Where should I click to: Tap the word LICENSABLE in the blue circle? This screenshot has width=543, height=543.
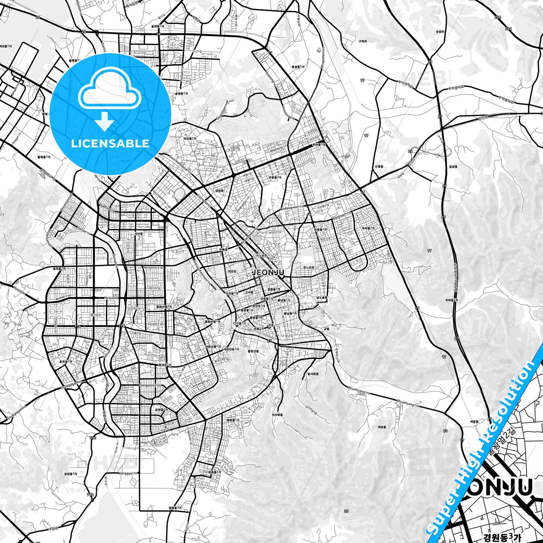[x=110, y=144]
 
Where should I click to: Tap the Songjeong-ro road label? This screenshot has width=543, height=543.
[x=150, y=385]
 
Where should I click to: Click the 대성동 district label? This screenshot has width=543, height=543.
[x=382, y=427]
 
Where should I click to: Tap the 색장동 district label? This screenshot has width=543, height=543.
[x=475, y=422]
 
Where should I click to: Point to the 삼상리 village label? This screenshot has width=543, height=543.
[x=440, y=32]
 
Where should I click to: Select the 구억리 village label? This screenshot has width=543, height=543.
[x=362, y=41]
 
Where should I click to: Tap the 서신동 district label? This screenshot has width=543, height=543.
[x=139, y=233]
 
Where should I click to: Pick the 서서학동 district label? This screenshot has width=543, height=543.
[x=277, y=415]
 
